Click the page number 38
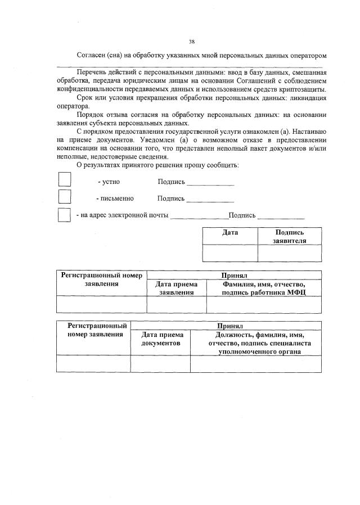192,41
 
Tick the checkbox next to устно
65,179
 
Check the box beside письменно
65,196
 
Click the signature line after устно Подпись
210,184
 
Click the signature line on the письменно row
210,201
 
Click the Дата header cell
229,232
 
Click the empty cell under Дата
229,253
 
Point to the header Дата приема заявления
177,288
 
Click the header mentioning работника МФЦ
264,288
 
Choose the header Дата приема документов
160,339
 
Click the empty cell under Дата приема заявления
177,304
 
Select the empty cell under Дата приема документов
160,364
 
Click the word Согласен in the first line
92,56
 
